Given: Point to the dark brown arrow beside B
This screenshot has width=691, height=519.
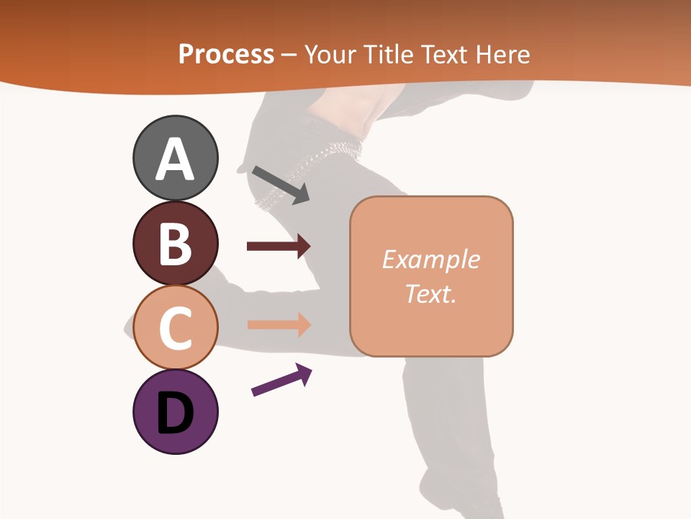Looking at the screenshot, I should (279, 247).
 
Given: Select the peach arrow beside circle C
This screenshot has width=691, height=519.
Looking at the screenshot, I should (279, 324).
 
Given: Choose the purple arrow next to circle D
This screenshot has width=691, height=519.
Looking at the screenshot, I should (281, 380).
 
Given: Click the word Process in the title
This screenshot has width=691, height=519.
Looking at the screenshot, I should (226, 54).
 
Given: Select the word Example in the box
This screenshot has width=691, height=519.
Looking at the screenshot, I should (431, 259).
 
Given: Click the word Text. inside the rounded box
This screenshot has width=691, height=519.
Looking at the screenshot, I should (431, 293).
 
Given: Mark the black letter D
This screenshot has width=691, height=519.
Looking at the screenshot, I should (176, 413).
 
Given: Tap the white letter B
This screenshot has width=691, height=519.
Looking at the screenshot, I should (176, 244).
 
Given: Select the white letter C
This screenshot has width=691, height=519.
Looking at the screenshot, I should (176, 328).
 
